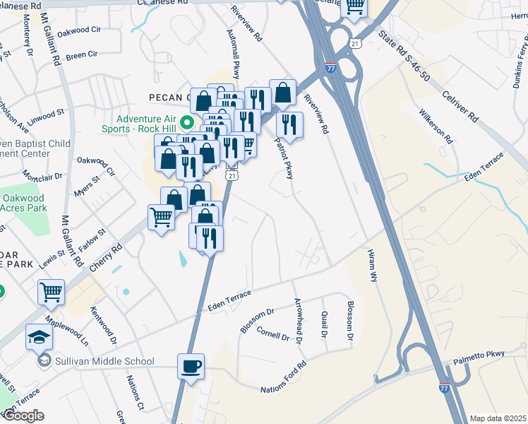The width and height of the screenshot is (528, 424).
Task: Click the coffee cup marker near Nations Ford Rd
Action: pyautogui.click(x=191, y=367)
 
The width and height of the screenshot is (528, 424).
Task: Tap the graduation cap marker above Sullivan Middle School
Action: pyautogui.click(x=40, y=338)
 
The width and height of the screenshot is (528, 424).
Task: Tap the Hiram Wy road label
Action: pyautogui.click(x=373, y=266)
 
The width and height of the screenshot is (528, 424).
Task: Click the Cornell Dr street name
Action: pyautogui.click(x=273, y=333)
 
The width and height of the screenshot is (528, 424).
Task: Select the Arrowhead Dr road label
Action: pyautogui.click(x=299, y=321)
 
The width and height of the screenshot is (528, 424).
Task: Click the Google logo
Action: pyautogui.click(x=23, y=416)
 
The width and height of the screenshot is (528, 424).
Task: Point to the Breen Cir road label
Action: pyautogui.click(x=82, y=54)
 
